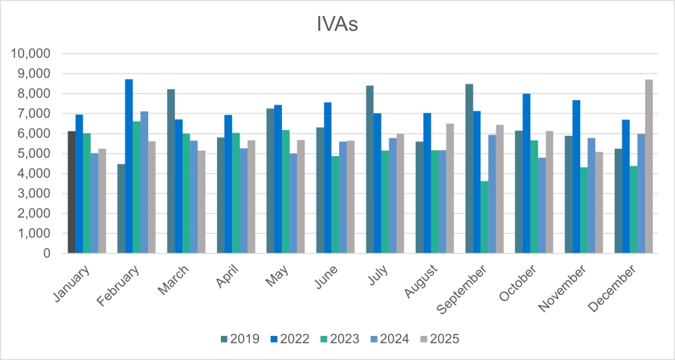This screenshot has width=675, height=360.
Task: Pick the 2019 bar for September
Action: (x=469, y=169)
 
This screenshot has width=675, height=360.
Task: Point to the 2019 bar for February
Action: (x=121, y=209)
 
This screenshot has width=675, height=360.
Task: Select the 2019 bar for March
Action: (x=171, y=172)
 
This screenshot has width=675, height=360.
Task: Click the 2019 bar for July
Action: (x=370, y=170)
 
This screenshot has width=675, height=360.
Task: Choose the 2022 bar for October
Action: (x=526, y=174)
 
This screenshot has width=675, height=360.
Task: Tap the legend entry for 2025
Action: (x=441, y=339)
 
